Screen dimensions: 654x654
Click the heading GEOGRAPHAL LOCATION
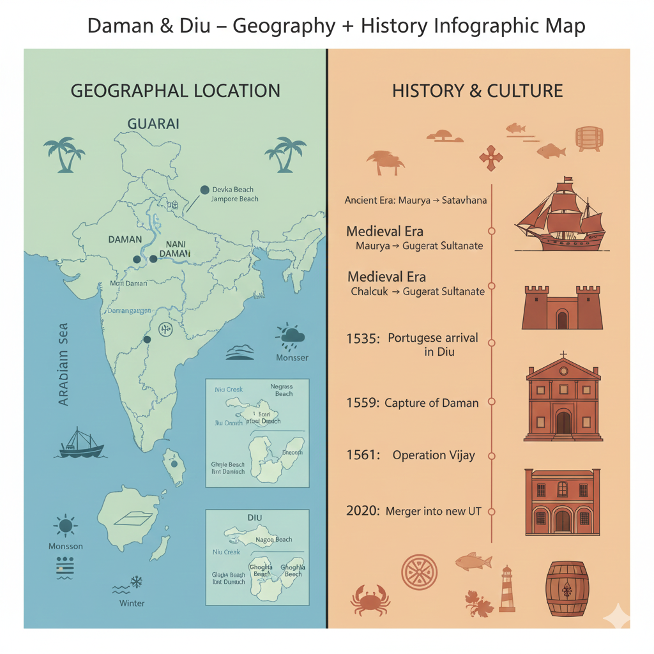175,91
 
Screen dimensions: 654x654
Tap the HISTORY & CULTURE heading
478,91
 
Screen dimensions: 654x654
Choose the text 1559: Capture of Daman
413,403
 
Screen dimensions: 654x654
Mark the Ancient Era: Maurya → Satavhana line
416,201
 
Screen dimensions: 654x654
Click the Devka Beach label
232,189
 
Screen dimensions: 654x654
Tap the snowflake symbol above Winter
135,582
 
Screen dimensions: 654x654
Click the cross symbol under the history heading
490,158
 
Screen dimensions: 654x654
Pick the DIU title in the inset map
255,518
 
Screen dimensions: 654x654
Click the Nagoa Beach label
273,540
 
